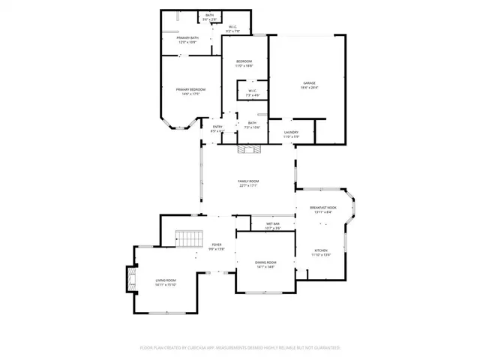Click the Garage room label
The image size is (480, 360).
[308, 83]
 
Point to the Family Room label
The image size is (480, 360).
[248, 181]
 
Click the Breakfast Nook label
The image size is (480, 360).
[323, 207]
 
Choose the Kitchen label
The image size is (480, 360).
[321, 250]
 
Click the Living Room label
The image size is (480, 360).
[166, 280]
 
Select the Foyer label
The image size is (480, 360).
[217, 244]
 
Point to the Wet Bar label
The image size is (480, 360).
[272, 224]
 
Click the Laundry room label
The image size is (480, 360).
[291, 133]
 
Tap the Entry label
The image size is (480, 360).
[217, 127]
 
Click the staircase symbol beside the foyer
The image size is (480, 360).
[190, 240]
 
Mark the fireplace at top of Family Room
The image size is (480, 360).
[248, 149]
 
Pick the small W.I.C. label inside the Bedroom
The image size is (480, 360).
[253, 91]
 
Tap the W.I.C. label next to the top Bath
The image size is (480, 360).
[233, 27]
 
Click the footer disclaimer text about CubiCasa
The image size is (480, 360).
[240, 348]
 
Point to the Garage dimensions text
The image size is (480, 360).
[308, 88]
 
